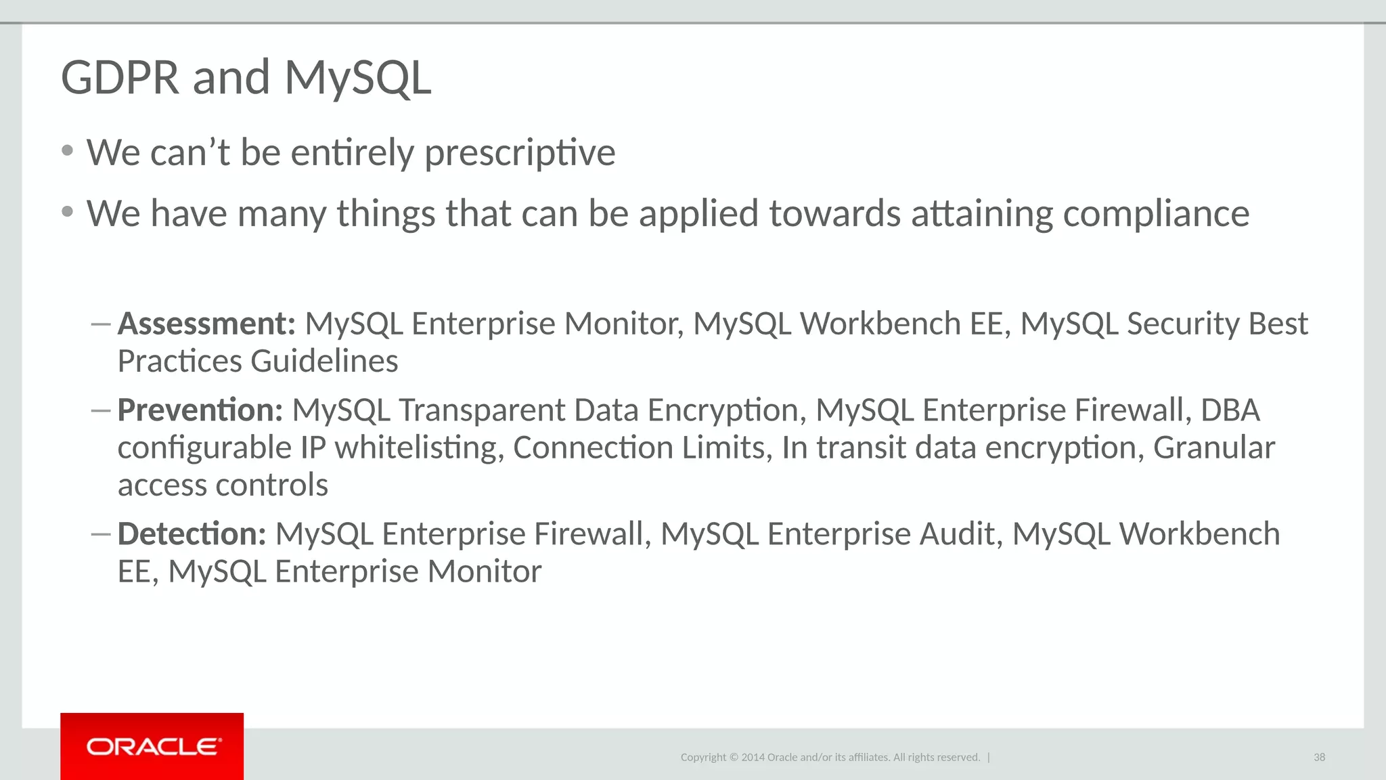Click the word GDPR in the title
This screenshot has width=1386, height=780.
tap(120, 77)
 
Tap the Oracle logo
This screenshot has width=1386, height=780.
tap(152, 746)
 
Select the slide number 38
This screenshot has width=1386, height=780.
tap(1319, 757)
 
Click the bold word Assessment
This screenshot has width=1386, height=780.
tap(206, 324)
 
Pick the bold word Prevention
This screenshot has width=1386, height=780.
tap(200, 410)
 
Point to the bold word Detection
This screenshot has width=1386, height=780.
tap(192, 534)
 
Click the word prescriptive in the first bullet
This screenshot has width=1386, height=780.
tap(520, 153)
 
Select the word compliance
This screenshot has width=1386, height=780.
tap(1156, 214)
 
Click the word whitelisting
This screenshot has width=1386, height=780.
tap(420, 448)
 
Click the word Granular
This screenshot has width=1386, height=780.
tap(1214, 448)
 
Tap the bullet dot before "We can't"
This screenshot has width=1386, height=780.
tap(67, 151)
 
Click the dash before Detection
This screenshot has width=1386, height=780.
tap(100, 534)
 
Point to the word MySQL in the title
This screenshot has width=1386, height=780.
tap(357, 77)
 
